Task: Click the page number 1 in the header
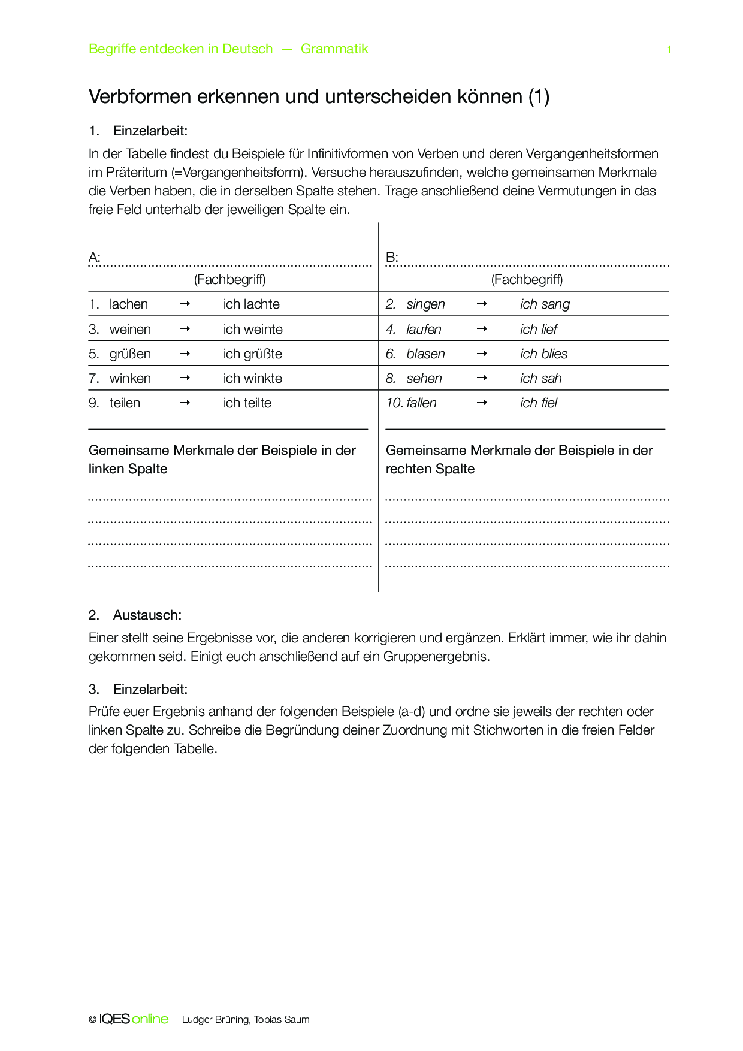(669, 50)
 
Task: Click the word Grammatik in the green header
(334, 49)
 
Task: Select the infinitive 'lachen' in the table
(128, 304)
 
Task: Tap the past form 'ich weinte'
(253, 330)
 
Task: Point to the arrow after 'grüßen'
(185, 354)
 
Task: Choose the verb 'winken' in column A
(130, 379)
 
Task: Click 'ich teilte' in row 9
(247, 403)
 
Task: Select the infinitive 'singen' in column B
(425, 304)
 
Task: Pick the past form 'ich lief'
(539, 330)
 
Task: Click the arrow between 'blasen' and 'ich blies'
(482, 354)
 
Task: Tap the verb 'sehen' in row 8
(424, 379)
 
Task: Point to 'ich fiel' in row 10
(539, 403)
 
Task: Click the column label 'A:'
(95, 258)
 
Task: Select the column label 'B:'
(392, 258)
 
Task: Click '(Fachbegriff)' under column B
(527, 279)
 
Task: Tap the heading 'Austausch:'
(147, 615)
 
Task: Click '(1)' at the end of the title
(539, 96)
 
